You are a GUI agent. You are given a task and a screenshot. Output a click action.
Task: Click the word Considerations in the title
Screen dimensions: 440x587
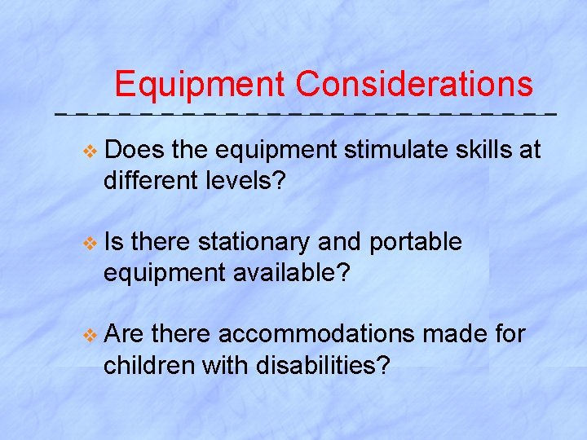point(414,84)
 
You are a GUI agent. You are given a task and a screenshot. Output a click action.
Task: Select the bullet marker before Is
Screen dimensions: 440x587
point(90,243)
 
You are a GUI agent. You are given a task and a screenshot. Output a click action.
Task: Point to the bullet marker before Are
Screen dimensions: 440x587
point(90,334)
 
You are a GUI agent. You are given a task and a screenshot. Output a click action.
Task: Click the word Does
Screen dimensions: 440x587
point(135,151)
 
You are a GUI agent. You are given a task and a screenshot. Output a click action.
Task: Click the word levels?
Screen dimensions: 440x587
point(251,181)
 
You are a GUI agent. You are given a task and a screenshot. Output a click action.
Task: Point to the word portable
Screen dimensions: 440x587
point(416,242)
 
